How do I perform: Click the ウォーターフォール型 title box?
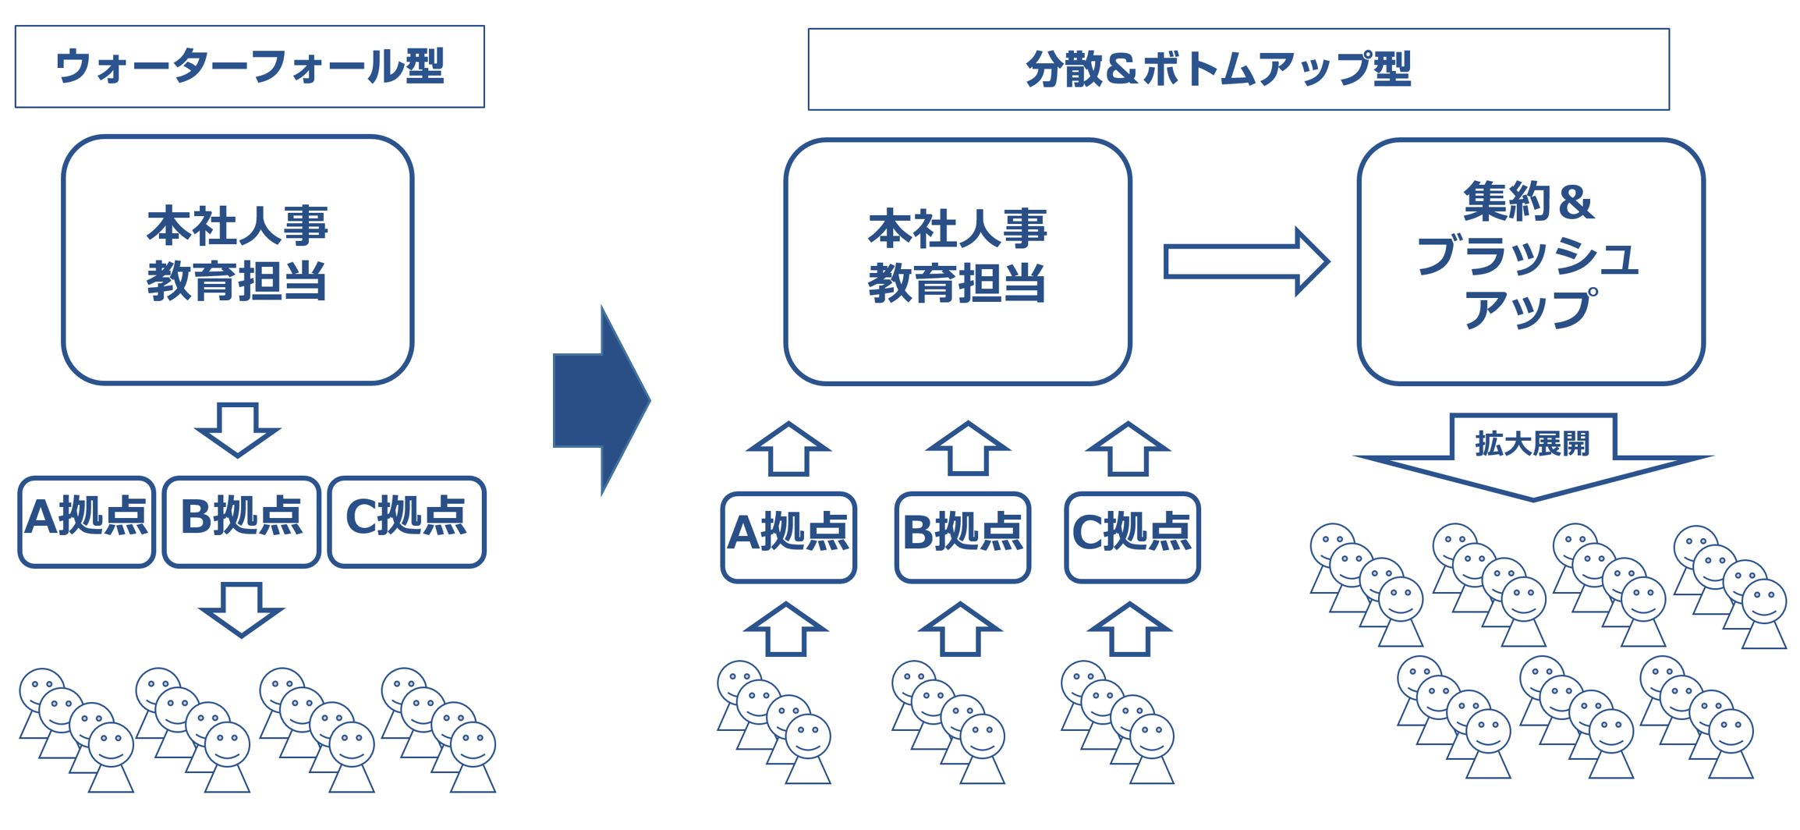click(x=250, y=66)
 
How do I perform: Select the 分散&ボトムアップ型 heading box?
click(x=1238, y=69)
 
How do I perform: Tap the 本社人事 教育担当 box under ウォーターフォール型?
click(x=237, y=260)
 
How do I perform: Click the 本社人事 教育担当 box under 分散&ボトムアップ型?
click(x=957, y=262)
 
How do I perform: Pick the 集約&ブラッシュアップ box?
click(x=1530, y=262)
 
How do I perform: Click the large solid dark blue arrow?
click(x=601, y=400)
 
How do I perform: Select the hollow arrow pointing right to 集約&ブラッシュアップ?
click(x=1245, y=261)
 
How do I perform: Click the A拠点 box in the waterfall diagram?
click(x=87, y=521)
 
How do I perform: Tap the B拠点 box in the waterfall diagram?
click(x=241, y=521)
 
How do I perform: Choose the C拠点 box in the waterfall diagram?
click(x=406, y=521)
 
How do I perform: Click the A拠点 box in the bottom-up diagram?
click(x=788, y=537)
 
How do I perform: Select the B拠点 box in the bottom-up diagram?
click(x=962, y=537)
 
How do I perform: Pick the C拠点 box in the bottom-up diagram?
click(x=1132, y=537)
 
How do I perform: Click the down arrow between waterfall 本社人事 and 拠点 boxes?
click(x=238, y=430)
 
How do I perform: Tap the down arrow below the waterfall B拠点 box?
click(x=241, y=609)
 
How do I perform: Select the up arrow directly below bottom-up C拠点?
click(x=1129, y=630)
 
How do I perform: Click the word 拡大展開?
click(x=1532, y=444)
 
